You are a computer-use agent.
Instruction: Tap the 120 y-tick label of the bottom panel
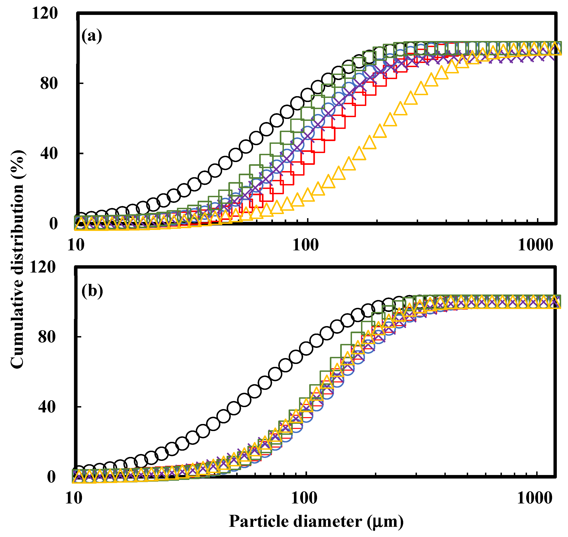(43, 267)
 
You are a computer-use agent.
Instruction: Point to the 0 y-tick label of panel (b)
(52, 477)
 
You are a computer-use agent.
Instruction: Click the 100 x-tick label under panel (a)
(305, 245)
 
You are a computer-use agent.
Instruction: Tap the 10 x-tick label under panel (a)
(76, 245)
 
